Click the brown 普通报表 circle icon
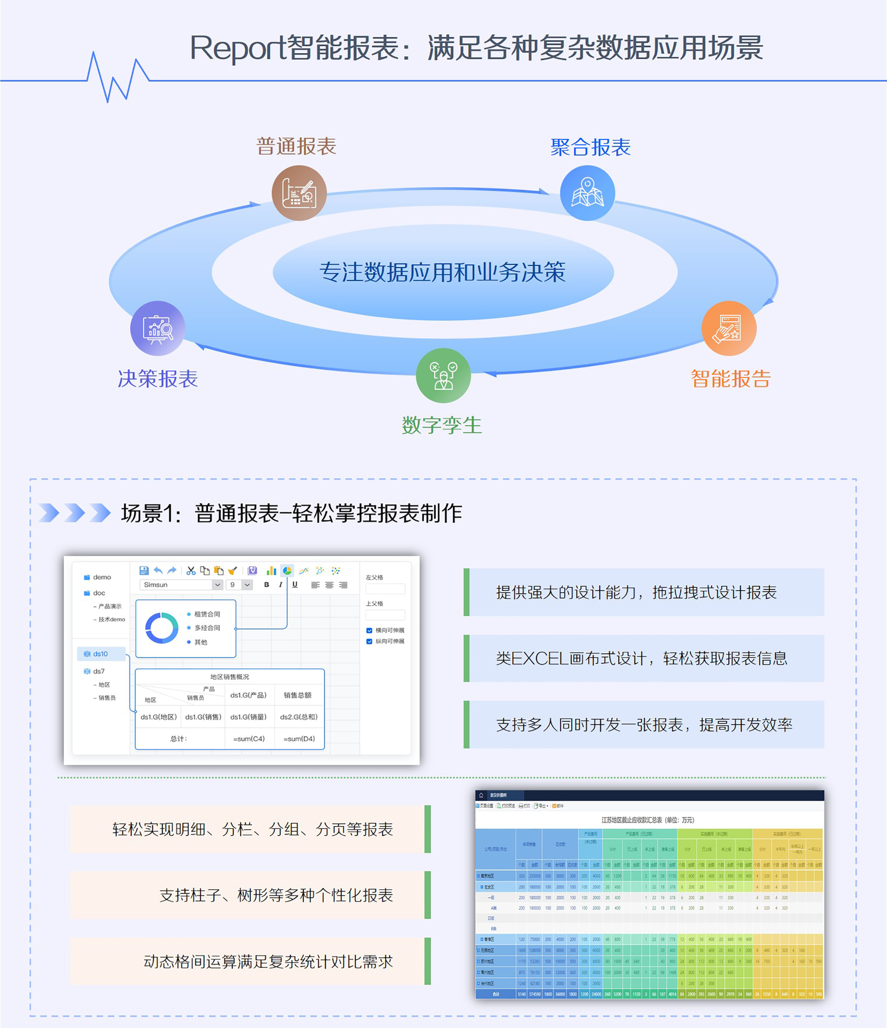pos(299,193)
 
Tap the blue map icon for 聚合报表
pos(588,193)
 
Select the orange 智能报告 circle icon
pos(729,329)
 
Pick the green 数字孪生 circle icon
pos(443,376)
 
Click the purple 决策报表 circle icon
pos(158,329)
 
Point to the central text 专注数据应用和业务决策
pos(443,272)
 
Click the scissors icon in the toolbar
pos(191,570)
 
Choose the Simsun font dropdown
pos(181,585)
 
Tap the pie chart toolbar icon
pos(287,570)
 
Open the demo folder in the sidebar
pos(102,577)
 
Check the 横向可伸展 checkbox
pos(370,630)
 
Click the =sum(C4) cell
pos(249,739)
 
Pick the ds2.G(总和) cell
pos(298,717)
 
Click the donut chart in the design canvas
pos(162,628)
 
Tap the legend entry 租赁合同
pos(207,614)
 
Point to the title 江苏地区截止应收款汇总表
pos(648,820)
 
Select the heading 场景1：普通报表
pos(292,513)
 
